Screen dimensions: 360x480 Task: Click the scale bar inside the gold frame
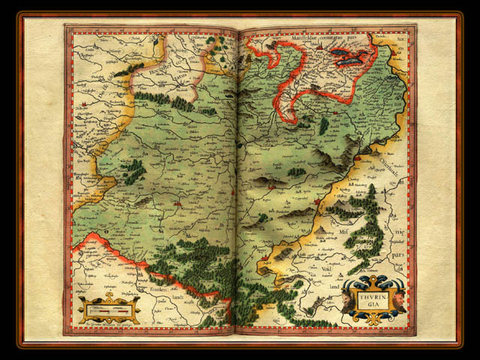pos(109,308)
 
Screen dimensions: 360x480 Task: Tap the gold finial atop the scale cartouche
pos(109,295)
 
